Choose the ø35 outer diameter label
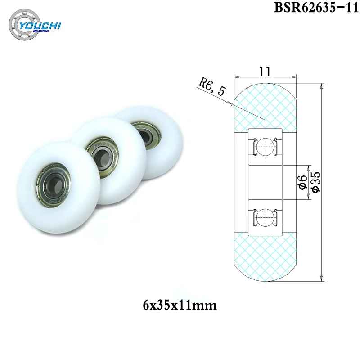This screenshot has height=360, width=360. [x=316, y=183]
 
